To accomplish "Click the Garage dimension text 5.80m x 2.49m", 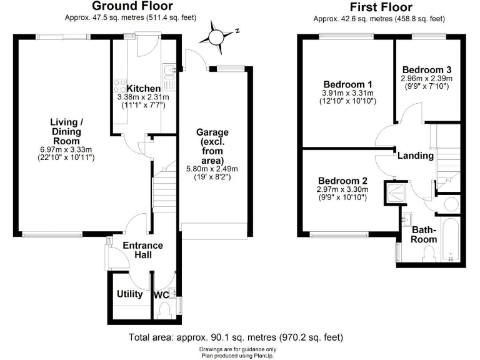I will [212, 169].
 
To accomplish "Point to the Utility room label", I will [130, 294].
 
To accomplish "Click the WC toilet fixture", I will [165, 309].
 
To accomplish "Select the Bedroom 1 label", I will [347, 84].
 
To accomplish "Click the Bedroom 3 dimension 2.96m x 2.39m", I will [427, 79].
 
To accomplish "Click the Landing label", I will [416, 156].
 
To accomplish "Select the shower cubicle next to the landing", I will [395, 193].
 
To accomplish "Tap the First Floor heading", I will [381, 7].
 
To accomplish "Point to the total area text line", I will [236, 337].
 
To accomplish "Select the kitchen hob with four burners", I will [119, 86].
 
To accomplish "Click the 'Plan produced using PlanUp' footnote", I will [237, 355].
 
